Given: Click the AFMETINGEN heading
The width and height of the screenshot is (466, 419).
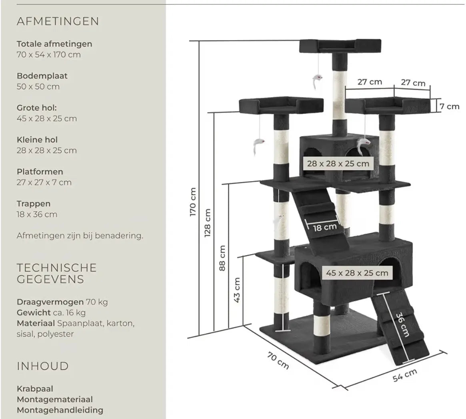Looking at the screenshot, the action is [x=58, y=21].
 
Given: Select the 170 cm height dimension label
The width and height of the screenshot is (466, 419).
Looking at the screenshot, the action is [x=193, y=202].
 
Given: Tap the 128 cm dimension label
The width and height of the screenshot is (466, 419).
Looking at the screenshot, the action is [x=208, y=223].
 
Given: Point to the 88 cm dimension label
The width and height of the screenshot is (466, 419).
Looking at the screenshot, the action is [x=222, y=258].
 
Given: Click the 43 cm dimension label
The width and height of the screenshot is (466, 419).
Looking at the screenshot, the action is [x=237, y=290].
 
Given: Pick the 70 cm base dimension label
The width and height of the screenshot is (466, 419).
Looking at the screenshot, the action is [x=278, y=361].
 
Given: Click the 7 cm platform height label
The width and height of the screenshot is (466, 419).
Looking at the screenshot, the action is [x=449, y=106].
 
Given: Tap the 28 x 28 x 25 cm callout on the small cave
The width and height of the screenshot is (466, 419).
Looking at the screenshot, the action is [x=338, y=163].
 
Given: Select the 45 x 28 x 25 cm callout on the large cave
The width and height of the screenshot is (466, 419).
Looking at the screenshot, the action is [x=357, y=273].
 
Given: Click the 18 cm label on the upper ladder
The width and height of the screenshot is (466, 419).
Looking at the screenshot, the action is [x=324, y=228].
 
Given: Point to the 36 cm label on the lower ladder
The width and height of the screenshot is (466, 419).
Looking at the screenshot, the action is [x=402, y=324].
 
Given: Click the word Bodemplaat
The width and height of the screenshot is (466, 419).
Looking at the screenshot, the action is [x=42, y=76].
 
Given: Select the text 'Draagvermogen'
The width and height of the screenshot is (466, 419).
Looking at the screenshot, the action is [x=50, y=302].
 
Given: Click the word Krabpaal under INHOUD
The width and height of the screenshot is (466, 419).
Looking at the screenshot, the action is [x=35, y=389].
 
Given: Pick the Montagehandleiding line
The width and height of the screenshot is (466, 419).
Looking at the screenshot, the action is [x=60, y=410].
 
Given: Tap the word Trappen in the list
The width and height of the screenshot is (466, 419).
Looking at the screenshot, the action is [x=34, y=204].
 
